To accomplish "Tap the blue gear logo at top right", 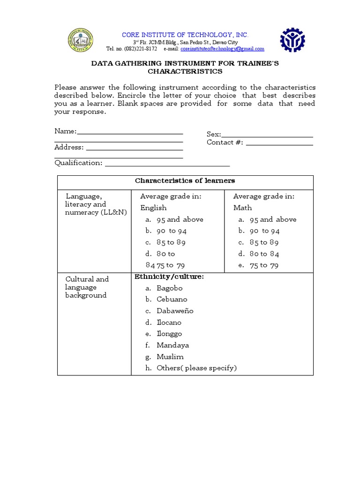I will point(292,40).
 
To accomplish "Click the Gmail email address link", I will point(222,49).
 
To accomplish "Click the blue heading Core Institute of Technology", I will point(185,35).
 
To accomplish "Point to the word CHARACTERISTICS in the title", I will point(185,72).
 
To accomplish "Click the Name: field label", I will point(65,131).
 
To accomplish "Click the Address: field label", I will point(69,147).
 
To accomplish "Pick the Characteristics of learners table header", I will point(185,180).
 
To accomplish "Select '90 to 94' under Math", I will point(264,231).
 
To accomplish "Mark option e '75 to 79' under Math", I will point(264,265).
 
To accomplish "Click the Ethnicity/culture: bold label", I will point(169,277).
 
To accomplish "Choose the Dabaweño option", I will point(175,311).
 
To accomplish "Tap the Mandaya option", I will point(173,345).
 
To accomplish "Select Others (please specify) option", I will point(196,368).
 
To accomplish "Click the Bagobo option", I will point(169,288).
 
